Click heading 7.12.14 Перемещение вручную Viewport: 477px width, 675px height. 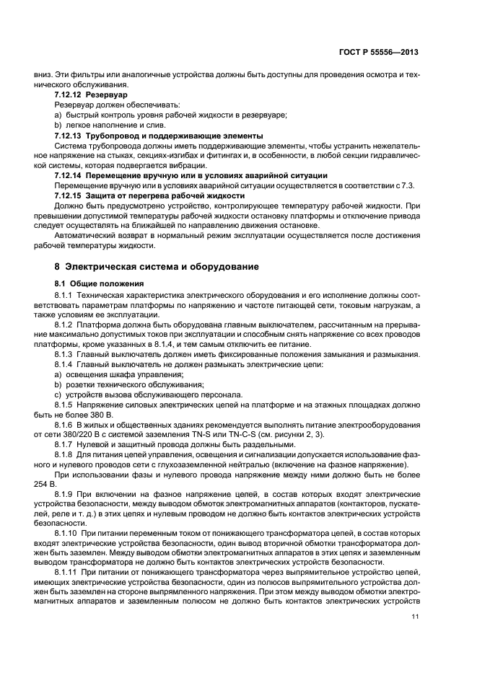(x=191, y=175)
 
